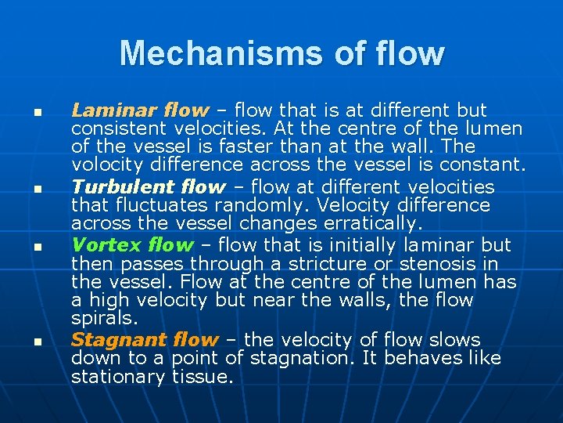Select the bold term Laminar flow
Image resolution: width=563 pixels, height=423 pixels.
click(x=140, y=110)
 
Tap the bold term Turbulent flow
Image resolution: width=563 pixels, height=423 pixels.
click(x=149, y=187)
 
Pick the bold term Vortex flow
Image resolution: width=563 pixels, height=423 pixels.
click(x=131, y=244)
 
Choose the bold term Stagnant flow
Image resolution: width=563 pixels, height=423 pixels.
click(x=145, y=340)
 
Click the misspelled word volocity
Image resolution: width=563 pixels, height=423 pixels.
click(x=106, y=165)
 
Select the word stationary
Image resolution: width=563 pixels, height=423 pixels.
click(x=117, y=378)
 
